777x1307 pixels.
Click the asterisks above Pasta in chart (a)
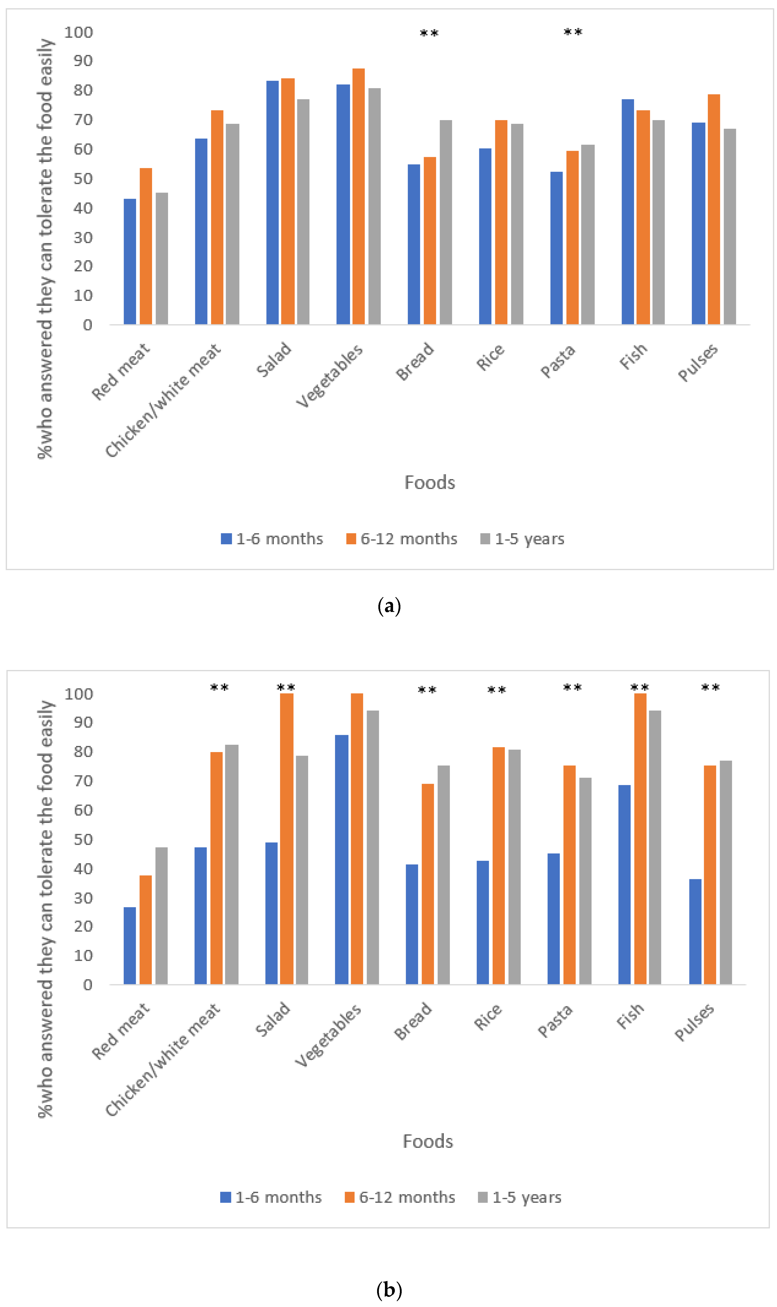point(573,32)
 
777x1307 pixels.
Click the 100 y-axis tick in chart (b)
point(79,694)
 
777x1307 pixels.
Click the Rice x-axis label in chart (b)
point(488,1017)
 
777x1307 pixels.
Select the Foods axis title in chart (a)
point(429,482)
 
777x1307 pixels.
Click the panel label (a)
point(389,606)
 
